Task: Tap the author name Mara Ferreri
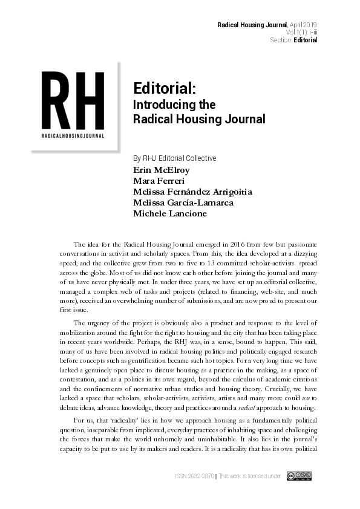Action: point(159,181)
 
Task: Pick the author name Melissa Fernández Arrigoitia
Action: point(192,192)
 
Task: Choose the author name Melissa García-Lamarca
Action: point(183,203)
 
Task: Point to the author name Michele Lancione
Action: point(169,213)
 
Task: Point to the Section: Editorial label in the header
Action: point(293,40)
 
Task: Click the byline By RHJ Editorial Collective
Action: point(175,158)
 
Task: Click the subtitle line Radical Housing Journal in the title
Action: point(198,119)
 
